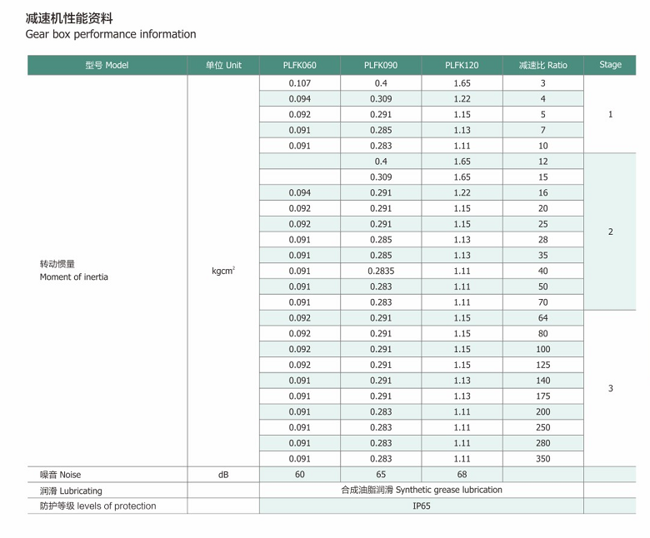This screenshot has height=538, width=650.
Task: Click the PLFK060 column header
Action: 299,65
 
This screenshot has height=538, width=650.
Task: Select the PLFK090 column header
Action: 381,65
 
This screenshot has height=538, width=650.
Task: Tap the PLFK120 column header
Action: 462,65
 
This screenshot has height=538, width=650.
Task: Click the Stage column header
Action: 610,65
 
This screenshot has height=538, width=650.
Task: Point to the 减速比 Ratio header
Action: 542,65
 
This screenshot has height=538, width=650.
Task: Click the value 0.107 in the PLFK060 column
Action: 299,83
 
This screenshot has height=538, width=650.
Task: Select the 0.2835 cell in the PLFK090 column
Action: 381,271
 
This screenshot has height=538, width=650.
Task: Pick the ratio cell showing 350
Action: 542,459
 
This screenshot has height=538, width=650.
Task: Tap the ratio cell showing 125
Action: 542,365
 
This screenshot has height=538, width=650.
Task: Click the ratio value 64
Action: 542,318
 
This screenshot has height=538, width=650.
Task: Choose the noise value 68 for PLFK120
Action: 462,475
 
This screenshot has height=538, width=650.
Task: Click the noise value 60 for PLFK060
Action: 299,475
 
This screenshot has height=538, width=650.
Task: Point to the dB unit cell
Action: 223,475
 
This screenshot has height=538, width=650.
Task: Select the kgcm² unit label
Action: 223,271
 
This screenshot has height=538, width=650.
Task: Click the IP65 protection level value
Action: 422,506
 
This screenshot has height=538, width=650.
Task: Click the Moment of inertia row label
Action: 73,276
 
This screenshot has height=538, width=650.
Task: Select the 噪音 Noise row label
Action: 61,475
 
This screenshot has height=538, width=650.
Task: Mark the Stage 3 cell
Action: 610,388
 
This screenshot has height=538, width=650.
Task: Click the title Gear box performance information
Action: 111,34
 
